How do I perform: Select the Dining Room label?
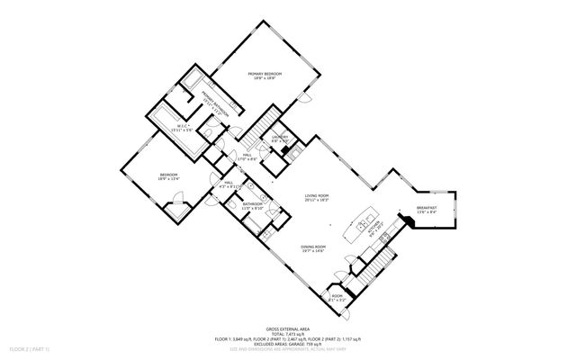313,248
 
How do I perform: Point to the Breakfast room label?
427,211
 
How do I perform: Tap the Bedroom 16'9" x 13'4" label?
169,176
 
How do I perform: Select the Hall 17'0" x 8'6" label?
247,157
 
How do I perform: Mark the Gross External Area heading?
287,330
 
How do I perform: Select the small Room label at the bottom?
337,297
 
